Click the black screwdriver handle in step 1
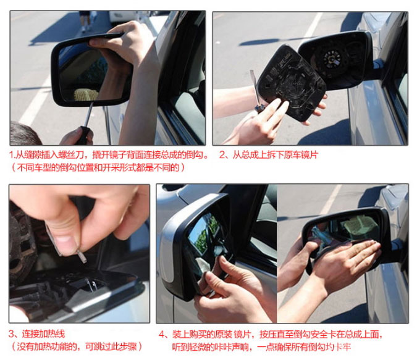tap(83, 135)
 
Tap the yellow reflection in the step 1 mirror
tap(86, 94)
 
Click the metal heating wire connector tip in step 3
tap(82, 256)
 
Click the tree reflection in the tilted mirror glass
tap(204, 235)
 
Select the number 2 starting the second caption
tap(222, 154)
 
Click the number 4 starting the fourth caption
tap(161, 334)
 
